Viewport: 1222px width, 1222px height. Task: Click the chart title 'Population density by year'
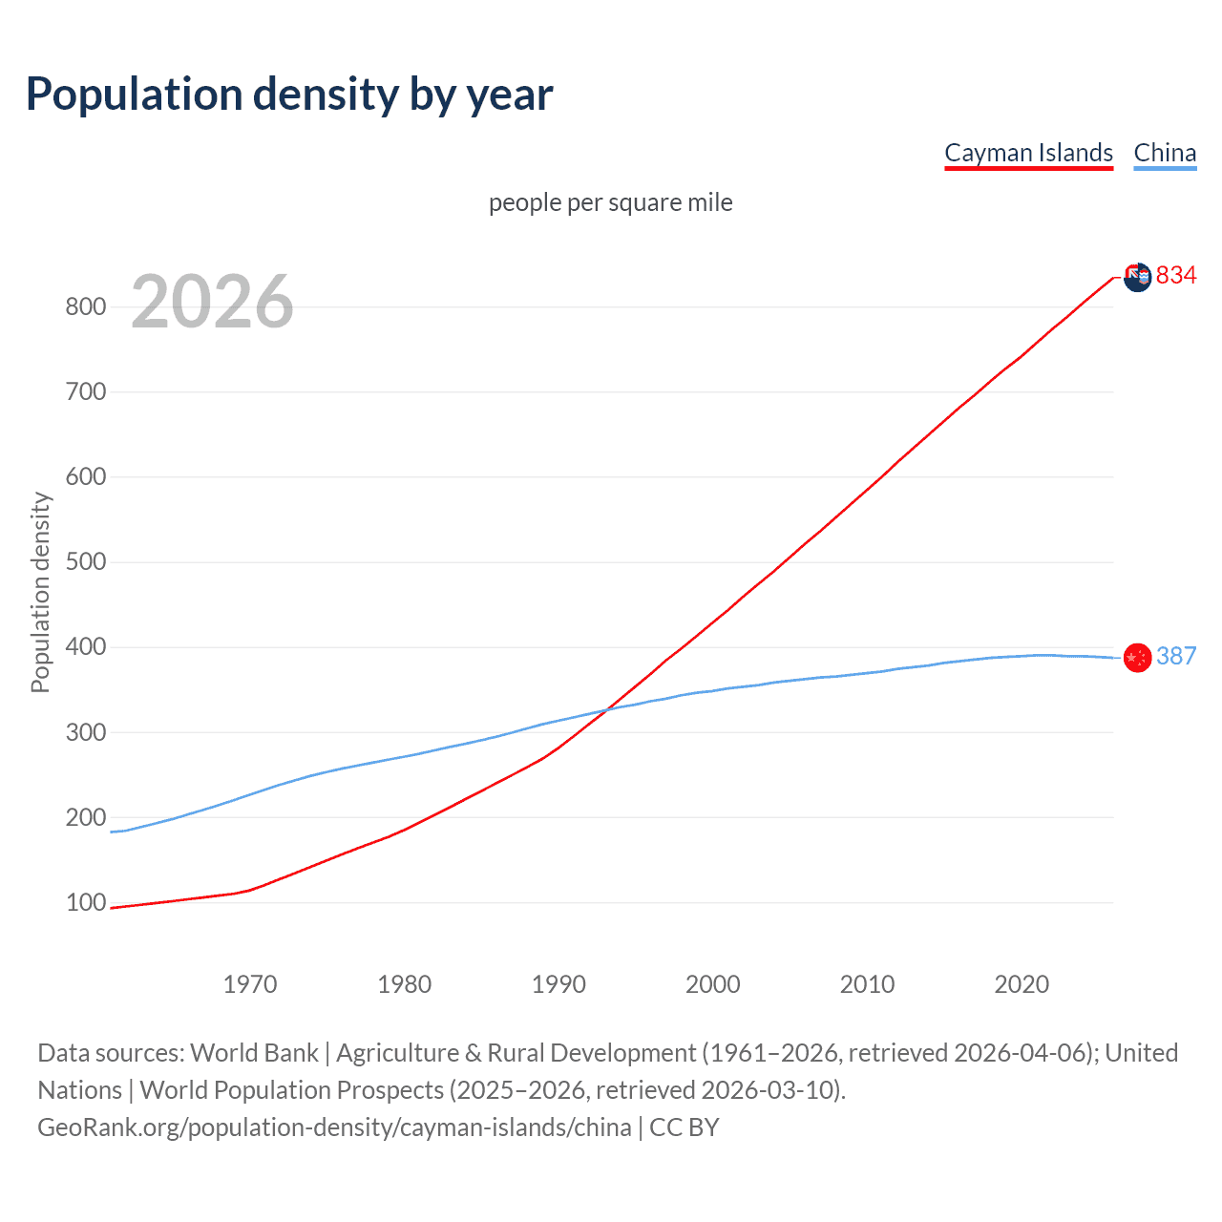click(x=289, y=95)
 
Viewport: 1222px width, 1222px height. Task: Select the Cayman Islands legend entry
click(x=1028, y=153)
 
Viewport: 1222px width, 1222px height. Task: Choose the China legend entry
click(x=1165, y=153)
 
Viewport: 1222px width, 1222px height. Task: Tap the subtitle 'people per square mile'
click(x=610, y=202)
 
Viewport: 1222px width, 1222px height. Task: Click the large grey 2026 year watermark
click(x=212, y=302)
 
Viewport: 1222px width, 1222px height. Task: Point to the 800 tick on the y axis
click(x=85, y=306)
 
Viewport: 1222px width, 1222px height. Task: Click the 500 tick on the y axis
click(x=85, y=561)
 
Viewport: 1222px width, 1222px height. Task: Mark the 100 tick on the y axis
click(x=85, y=902)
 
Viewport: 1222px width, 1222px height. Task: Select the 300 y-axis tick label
click(x=85, y=732)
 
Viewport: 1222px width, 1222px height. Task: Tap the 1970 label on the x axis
click(x=250, y=984)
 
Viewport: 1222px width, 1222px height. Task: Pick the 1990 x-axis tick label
click(x=558, y=984)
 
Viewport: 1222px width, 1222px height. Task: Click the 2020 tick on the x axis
click(x=1022, y=984)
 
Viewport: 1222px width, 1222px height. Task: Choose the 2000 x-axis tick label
click(x=712, y=984)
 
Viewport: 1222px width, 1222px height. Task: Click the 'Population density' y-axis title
click(x=40, y=592)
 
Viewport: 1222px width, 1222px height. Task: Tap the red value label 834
click(x=1176, y=276)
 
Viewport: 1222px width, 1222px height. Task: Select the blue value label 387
click(x=1176, y=656)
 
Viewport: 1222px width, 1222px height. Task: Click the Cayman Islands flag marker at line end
click(x=1137, y=278)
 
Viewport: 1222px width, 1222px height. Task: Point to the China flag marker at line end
click(x=1137, y=658)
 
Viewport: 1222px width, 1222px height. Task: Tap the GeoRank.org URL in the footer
click(x=334, y=1127)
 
